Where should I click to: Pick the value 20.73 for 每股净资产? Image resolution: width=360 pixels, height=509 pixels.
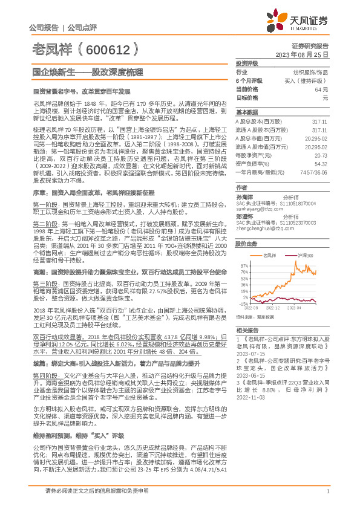[321, 155]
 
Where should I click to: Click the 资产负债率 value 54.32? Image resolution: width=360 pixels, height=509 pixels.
[321, 163]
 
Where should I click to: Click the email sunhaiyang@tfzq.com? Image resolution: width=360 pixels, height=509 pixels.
[256, 201]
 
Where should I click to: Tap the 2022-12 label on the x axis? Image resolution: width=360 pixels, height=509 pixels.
[273, 308]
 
